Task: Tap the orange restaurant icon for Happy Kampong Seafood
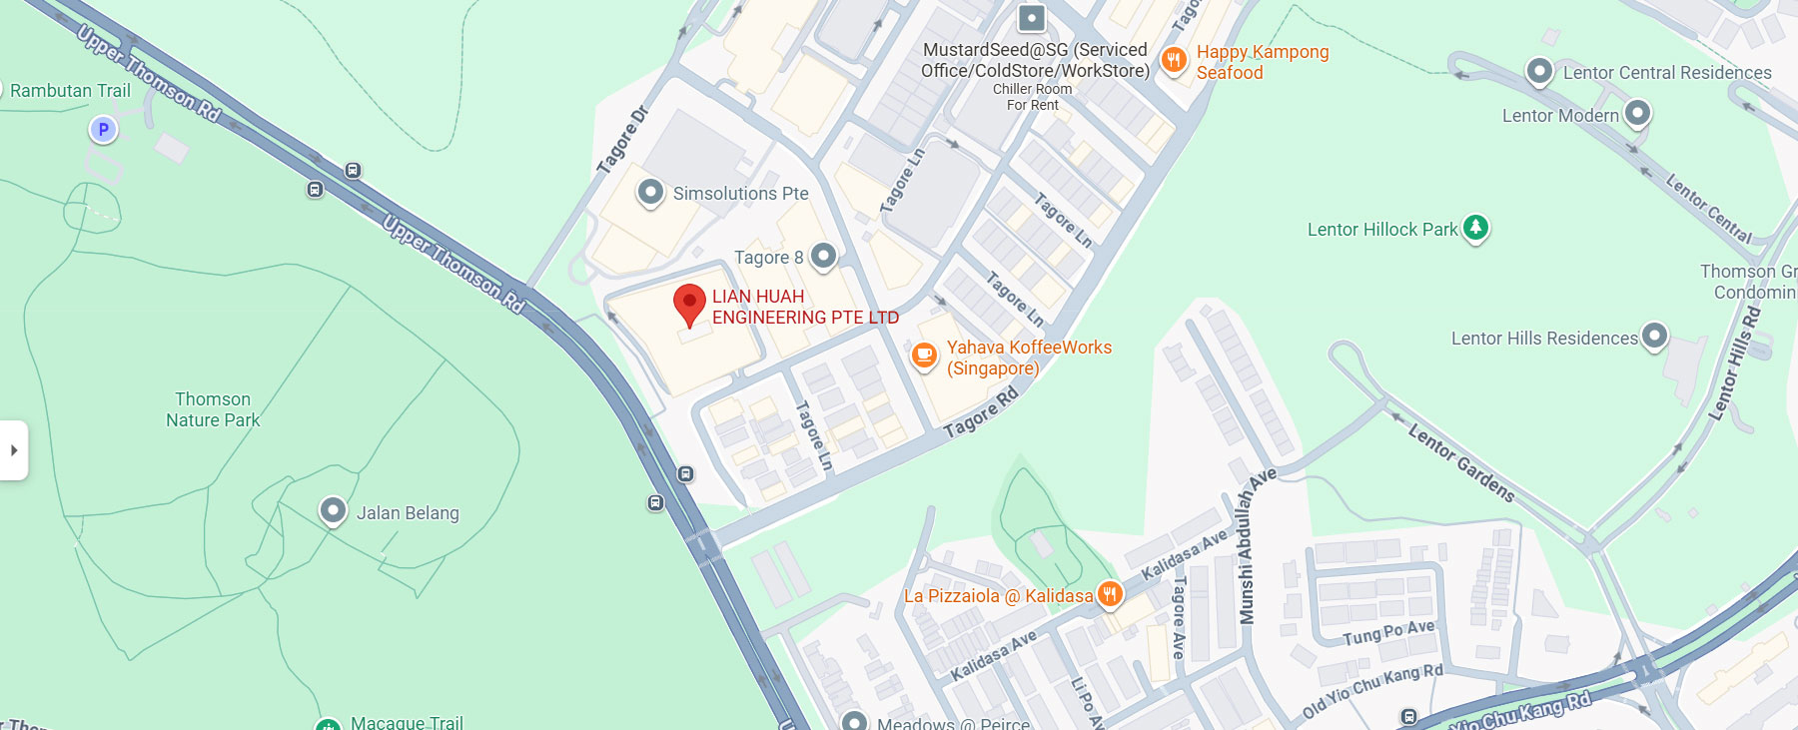click(x=1174, y=61)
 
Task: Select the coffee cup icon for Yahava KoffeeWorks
click(x=925, y=355)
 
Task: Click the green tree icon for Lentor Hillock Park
click(x=1475, y=228)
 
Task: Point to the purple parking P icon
click(x=103, y=129)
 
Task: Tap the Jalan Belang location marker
click(x=333, y=511)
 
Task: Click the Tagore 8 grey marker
click(x=823, y=257)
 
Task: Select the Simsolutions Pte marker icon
click(x=650, y=192)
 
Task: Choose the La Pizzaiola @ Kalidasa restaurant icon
click(x=1110, y=595)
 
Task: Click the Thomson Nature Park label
click(x=213, y=409)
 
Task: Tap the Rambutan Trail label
click(x=70, y=91)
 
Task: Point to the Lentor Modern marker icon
click(x=1637, y=114)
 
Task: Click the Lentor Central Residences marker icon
click(x=1539, y=72)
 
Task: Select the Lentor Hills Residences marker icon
click(x=1655, y=337)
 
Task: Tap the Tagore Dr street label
click(x=622, y=141)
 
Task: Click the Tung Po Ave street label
click(x=1388, y=632)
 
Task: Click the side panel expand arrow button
click(x=14, y=450)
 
